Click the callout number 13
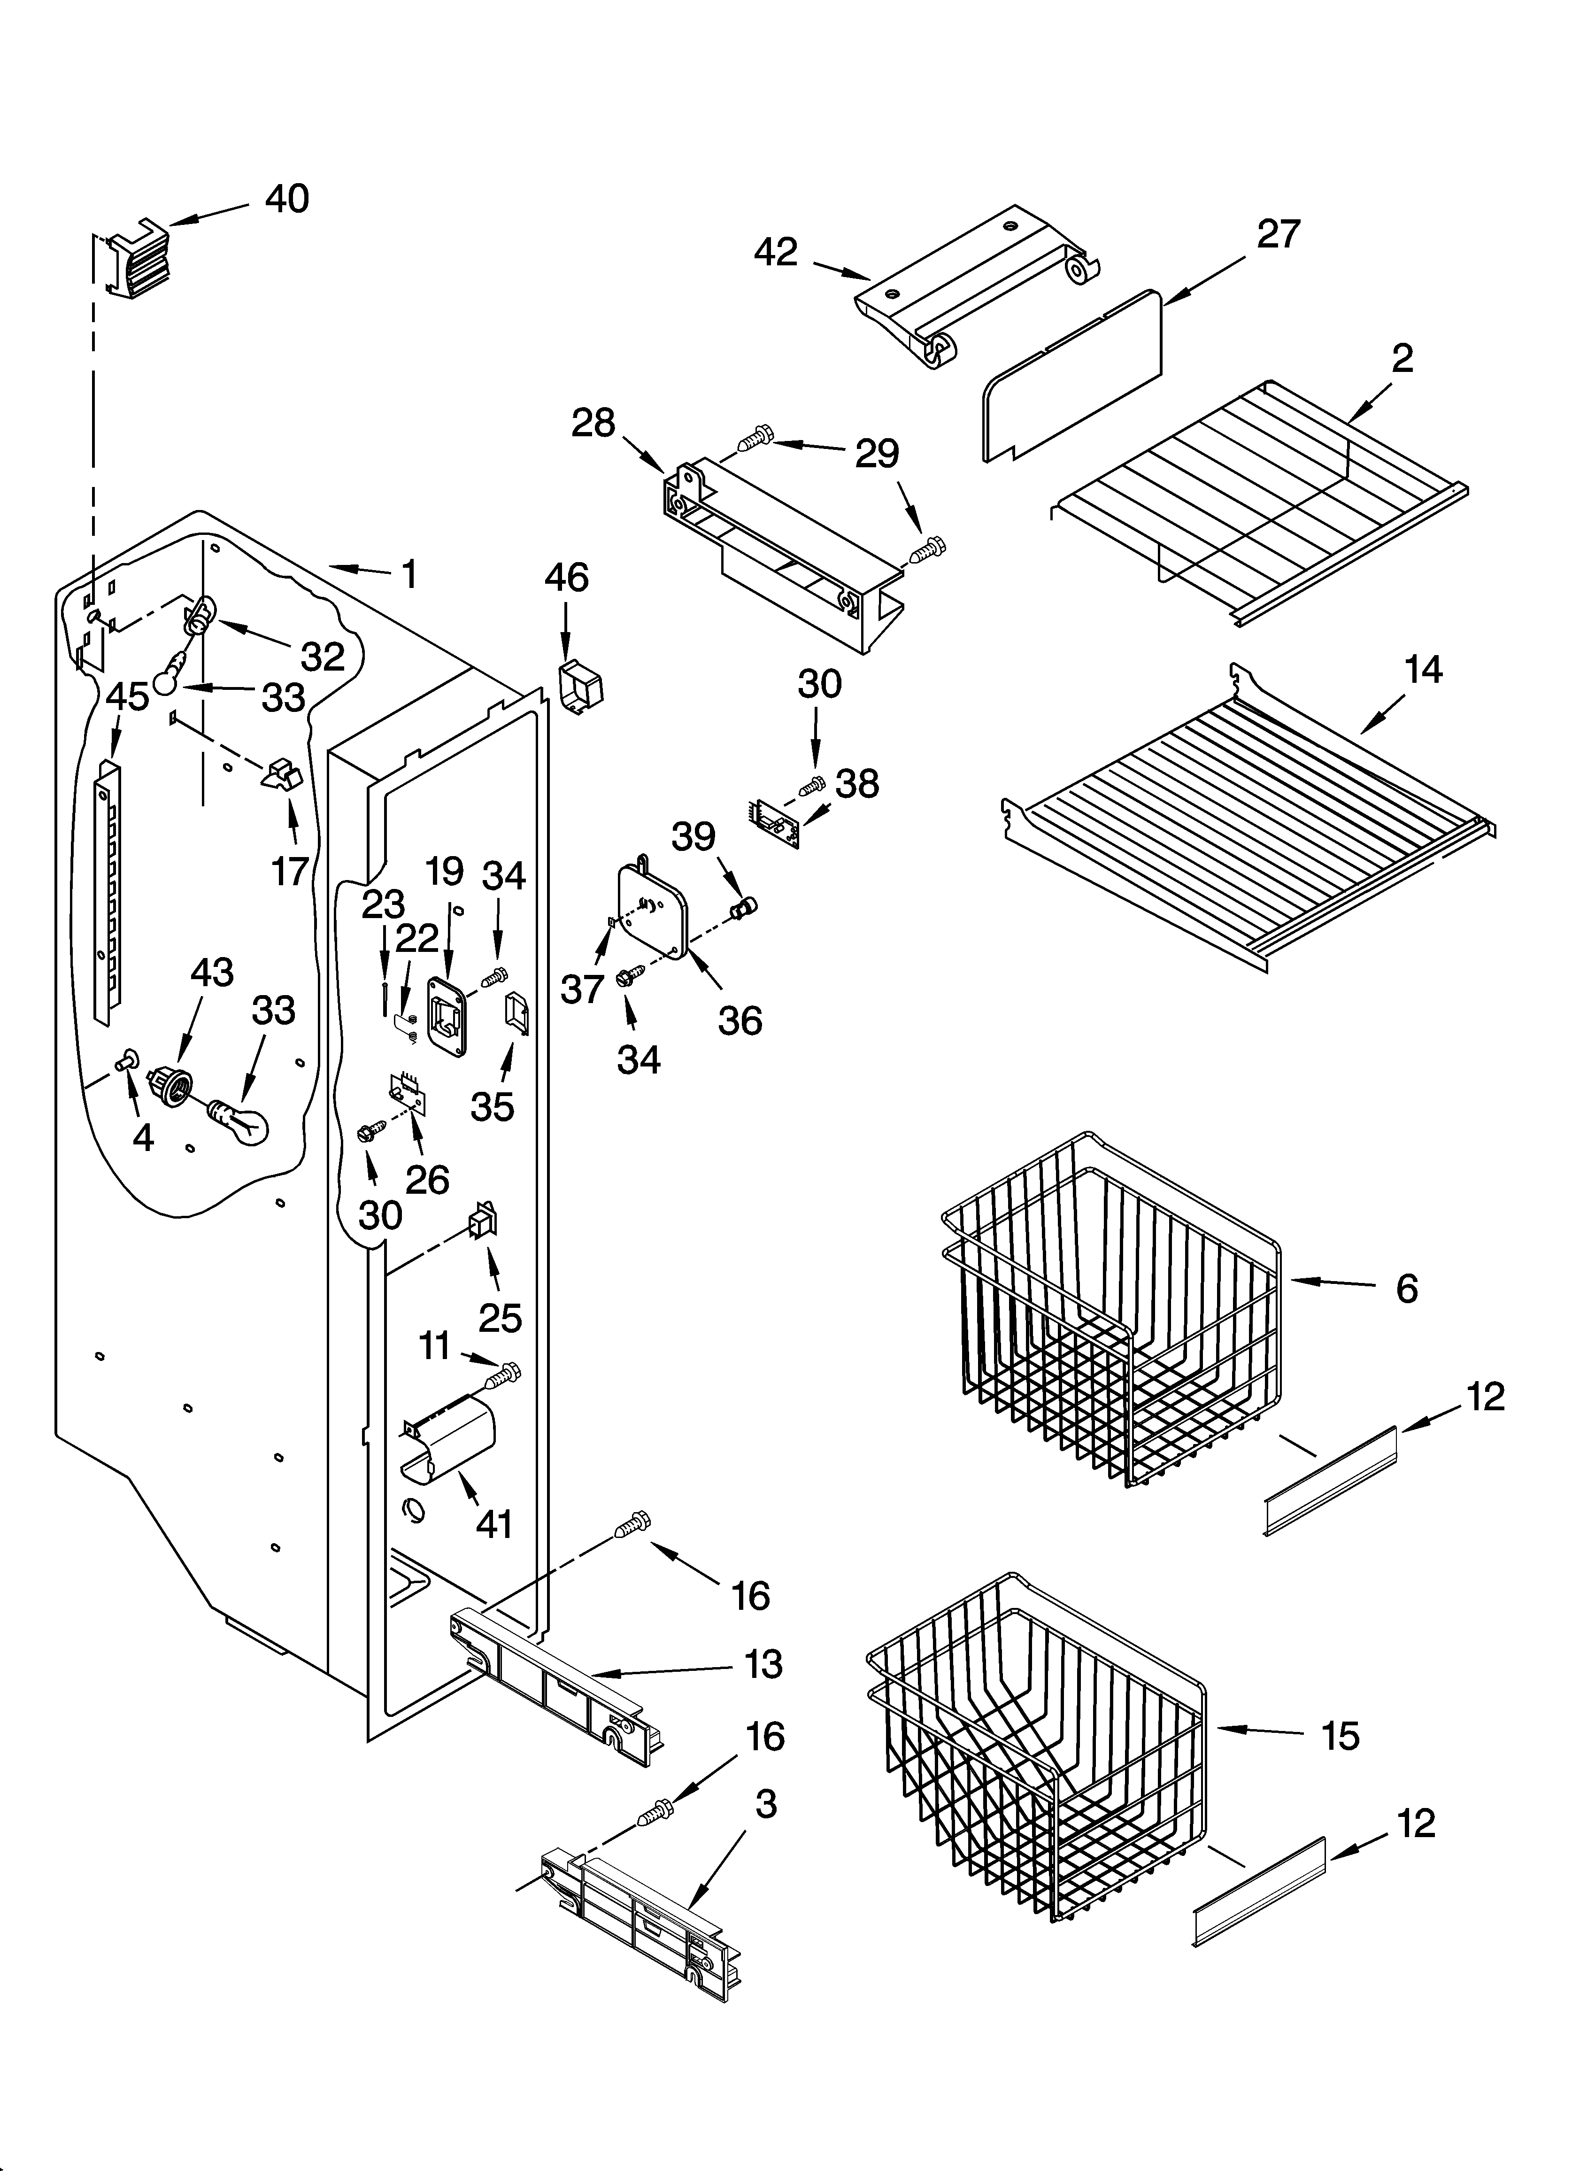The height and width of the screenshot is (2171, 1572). pyautogui.click(x=763, y=1664)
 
